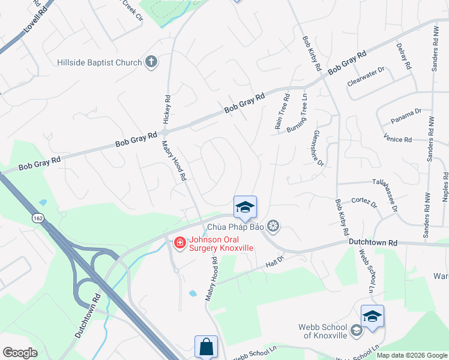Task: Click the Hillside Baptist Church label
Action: pyautogui.click(x=99, y=62)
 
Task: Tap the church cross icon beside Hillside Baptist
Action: pyautogui.click(x=151, y=62)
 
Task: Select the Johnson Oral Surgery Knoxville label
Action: pyautogui.click(x=221, y=243)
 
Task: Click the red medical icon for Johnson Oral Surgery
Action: pyautogui.click(x=179, y=242)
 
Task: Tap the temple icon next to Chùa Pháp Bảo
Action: pyautogui.click(x=274, y=226)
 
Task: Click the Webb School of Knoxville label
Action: pyautogui.click(x=322, y=331)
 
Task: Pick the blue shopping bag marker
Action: pyautogui.click(x=205, y=346)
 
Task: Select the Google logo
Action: pyautogui.click(x=20, y=353)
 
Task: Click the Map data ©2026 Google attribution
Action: pyautogui.click(x=412, y=355)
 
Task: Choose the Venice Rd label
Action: pyautogui.click(x=397, y=139)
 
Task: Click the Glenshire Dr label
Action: pyautogui.click(x=318, y=148)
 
